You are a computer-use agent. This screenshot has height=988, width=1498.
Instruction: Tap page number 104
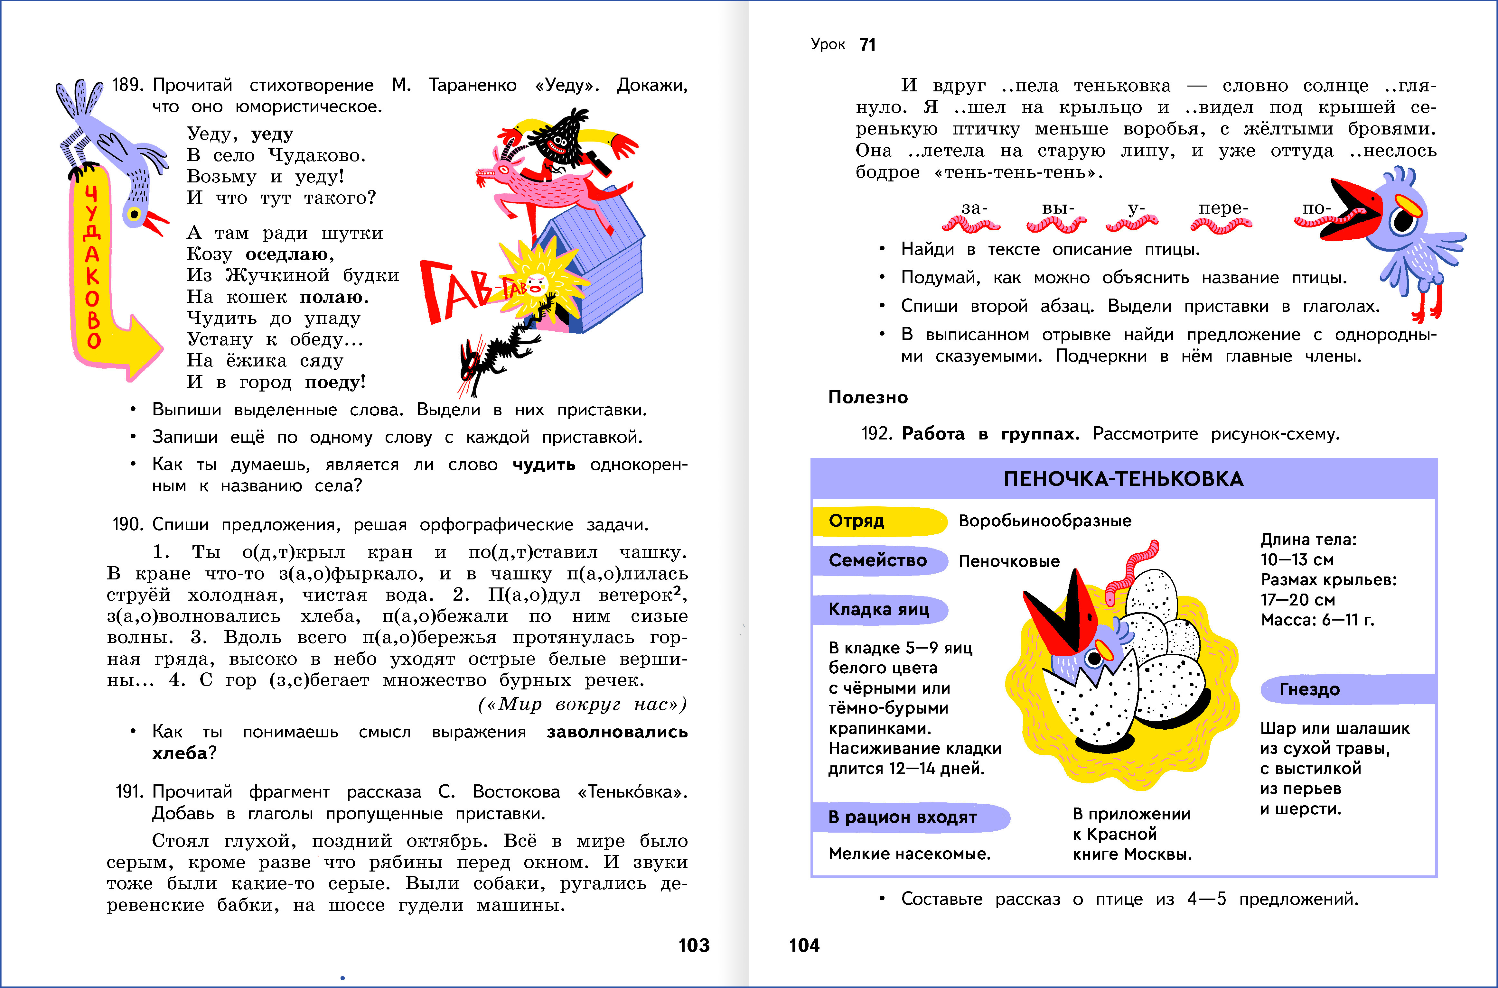click(x=804, y=945)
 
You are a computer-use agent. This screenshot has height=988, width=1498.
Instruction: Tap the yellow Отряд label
click(x=857, y=521)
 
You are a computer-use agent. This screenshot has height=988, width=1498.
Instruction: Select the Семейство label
click(x=877, y=560)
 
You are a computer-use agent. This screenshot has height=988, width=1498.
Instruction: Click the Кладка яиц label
click(x=878, y=609)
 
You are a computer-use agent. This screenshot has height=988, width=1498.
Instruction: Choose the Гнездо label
click(x=1310, y=689)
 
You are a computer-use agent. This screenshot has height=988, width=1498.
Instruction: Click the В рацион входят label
click(x=903, y=817)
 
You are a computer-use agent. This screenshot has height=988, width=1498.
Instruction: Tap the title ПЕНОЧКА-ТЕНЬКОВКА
click(x=1123, y=479)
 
